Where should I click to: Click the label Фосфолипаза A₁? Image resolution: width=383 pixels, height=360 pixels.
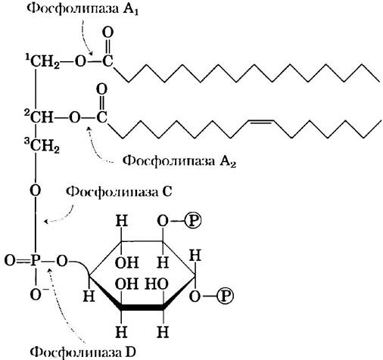[x=83, y=9]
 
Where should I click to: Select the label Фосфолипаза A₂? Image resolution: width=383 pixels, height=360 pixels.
[x=179, y=161]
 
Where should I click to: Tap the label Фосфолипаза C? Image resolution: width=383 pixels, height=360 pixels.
[x=119, y=192]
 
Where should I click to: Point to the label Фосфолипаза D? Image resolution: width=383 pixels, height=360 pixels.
[x=83, y=352]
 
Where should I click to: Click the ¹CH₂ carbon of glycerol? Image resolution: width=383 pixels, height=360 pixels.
[x=42, y=61]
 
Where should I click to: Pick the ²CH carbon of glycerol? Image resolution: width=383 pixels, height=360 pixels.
[x=39, y=116]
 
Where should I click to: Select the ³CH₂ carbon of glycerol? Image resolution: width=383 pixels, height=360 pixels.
[x=42, y=146]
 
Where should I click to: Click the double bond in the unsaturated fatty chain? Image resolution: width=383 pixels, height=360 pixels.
[x=260, y=122]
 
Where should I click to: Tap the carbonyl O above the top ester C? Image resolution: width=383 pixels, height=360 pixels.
[x=108, y=33]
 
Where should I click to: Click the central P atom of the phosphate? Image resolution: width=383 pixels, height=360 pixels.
[x=36, y=260]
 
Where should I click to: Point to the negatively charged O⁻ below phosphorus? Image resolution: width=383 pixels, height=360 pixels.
[x=38, y=294]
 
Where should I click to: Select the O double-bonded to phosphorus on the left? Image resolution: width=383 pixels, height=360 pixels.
[x=10, y=260]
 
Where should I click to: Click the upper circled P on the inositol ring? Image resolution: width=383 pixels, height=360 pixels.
[x=193, y=221]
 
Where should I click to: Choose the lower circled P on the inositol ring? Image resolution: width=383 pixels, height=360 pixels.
[x=225, y=296]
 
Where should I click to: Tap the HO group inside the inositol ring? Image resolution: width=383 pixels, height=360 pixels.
[x=157, y=284]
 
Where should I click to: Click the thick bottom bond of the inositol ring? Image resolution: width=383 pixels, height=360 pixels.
[x=142, y=307]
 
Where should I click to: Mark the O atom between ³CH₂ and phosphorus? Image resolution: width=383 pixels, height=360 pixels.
[x=36, y=191]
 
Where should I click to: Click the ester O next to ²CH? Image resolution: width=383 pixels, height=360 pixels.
[x=74, y=117]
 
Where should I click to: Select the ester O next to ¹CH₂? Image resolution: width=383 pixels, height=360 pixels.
[x=80, y=61]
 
